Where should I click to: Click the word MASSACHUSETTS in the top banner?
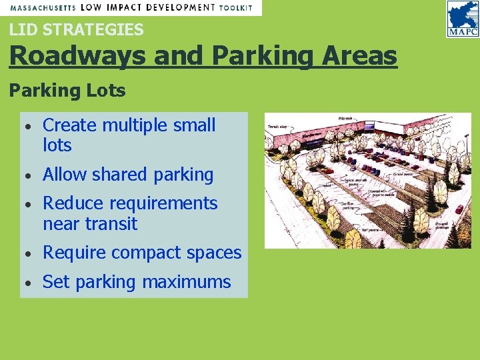coord(42,8)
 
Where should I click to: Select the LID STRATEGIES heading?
coord(76,29)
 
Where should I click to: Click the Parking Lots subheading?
coord(67,91)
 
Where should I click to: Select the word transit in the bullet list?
coord(111,224)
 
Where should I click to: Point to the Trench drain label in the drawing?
coord(277,126)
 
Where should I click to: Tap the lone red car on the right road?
coord(459,209)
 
